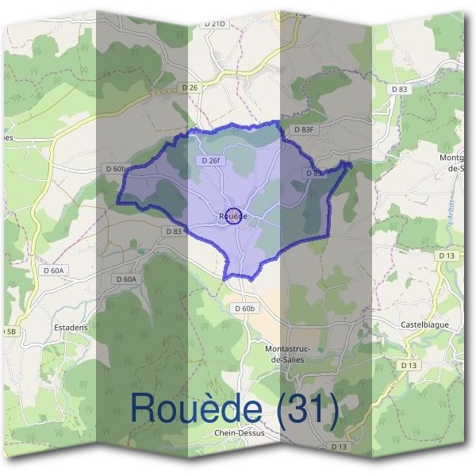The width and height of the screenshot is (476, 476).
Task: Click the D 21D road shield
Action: [x=215, y=24]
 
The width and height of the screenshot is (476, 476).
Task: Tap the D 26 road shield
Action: [x=190, y=86]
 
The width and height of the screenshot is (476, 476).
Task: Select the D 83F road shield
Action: [x=304, y=129]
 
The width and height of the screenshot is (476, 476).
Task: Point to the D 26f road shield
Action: [x=211, y=160]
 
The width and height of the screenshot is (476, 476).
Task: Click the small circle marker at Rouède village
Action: [x=233, y=215]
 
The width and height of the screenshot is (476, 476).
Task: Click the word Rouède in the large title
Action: [x=196, y=409]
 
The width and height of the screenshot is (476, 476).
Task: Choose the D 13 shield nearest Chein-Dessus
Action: [x=339, y=447]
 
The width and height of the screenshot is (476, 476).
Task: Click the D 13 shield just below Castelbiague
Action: [x=409, y=365]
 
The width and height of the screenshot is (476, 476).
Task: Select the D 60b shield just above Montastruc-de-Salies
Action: [x=246, y=308]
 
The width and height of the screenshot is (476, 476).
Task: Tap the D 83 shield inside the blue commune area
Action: [x=313, y=173]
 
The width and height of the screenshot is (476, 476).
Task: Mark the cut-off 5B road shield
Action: [x=8, y=330]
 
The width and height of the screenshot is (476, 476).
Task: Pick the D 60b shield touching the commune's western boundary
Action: [x=116, y=169]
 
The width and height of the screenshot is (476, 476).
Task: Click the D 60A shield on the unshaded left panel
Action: [x=54, y=271]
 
